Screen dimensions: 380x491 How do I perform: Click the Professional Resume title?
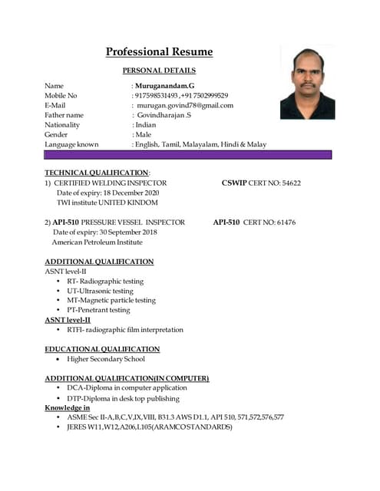tap(159, 52)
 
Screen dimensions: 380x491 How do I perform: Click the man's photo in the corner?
tap(307, 83)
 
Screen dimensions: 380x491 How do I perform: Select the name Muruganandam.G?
tap(165, 85)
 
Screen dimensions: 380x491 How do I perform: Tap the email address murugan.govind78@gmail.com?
tap(184, 105)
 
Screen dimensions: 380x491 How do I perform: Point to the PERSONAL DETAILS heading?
tap(158, 71)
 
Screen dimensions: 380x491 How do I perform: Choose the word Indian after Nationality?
tap(146, 124)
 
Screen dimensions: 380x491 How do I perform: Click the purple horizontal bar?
tap(188, 154)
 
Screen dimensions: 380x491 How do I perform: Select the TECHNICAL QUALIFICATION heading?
tap(96, 173)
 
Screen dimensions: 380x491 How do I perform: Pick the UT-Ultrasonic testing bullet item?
tap(100, 291)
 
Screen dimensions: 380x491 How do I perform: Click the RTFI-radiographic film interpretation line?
tap(125, 329)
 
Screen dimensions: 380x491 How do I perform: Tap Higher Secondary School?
tap(106, 359)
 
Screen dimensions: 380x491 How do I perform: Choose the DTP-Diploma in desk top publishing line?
tap(124, 398)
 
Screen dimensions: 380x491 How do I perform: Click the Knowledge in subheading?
tap(67, 407)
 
